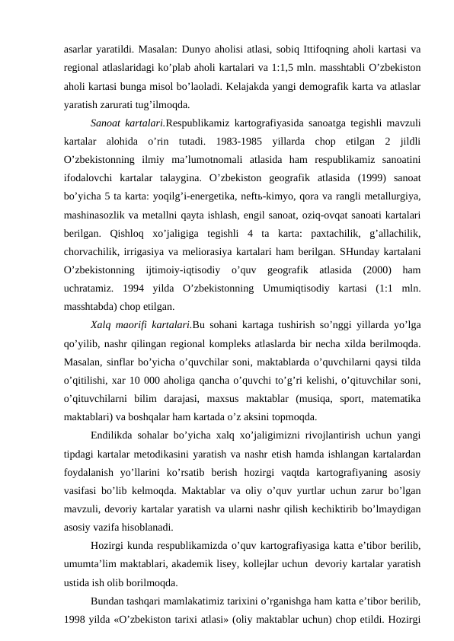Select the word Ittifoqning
(310, 49)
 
